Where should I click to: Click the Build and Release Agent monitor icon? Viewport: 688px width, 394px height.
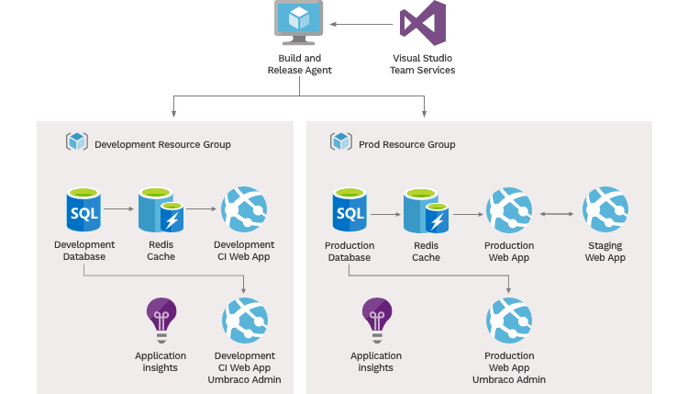pyautogui.click(x=300, y=21)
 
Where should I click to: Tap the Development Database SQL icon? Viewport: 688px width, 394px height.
pyautogui.click(x=84, y=210)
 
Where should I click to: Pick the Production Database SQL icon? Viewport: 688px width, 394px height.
pyautogui.click(x=350, y=210)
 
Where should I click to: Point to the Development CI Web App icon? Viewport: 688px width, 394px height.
pyautogui.click(x=244, y=210)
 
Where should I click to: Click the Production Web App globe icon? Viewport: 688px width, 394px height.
pyautogui.click(x=509, y=210)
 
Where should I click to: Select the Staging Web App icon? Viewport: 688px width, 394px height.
pyautogui.click(x=605, y=210)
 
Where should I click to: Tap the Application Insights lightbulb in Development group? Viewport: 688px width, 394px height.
pyautogui.click(x=161, y=320)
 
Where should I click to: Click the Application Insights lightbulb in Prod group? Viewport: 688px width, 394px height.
pyautogui.click(x=376, y=320)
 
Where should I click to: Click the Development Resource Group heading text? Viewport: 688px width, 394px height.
pyautogui.click(x=162, y=144)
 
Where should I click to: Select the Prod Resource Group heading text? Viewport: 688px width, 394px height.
pyautogui.click(x=405, y=144)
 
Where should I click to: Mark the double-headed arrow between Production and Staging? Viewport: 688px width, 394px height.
pyautogui.click(x=558, y=214)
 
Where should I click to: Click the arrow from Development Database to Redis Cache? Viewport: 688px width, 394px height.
pyautogui.click(x=118, y=210)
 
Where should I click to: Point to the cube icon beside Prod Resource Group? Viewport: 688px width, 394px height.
pyautogui.click(x=341, y=142)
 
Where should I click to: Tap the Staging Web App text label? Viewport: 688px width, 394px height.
pyautogui.click(x=605, y=252)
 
